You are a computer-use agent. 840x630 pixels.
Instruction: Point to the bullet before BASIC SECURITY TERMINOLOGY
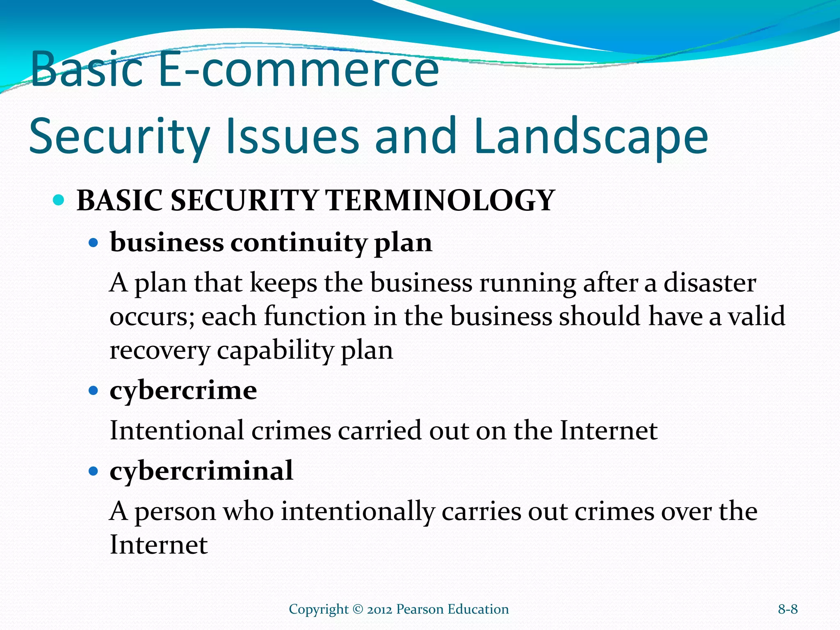point(59,201)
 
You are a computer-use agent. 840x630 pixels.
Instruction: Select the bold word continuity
point(298,243)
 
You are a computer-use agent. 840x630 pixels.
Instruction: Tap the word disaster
point(710,283)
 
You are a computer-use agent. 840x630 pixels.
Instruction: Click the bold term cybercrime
point(183,390)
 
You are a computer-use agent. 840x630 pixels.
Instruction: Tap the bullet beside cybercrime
point(94,390)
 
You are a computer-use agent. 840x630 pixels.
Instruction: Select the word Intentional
point(177,431)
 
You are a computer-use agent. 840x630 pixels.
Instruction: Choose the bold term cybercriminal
point(201,471)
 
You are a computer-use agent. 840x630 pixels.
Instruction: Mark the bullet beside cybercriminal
point(94,471)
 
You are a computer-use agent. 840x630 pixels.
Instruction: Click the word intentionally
point(358,512)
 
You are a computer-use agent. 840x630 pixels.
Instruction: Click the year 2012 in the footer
point(379,609)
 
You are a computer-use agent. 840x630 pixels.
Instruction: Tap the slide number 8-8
point(787,609)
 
